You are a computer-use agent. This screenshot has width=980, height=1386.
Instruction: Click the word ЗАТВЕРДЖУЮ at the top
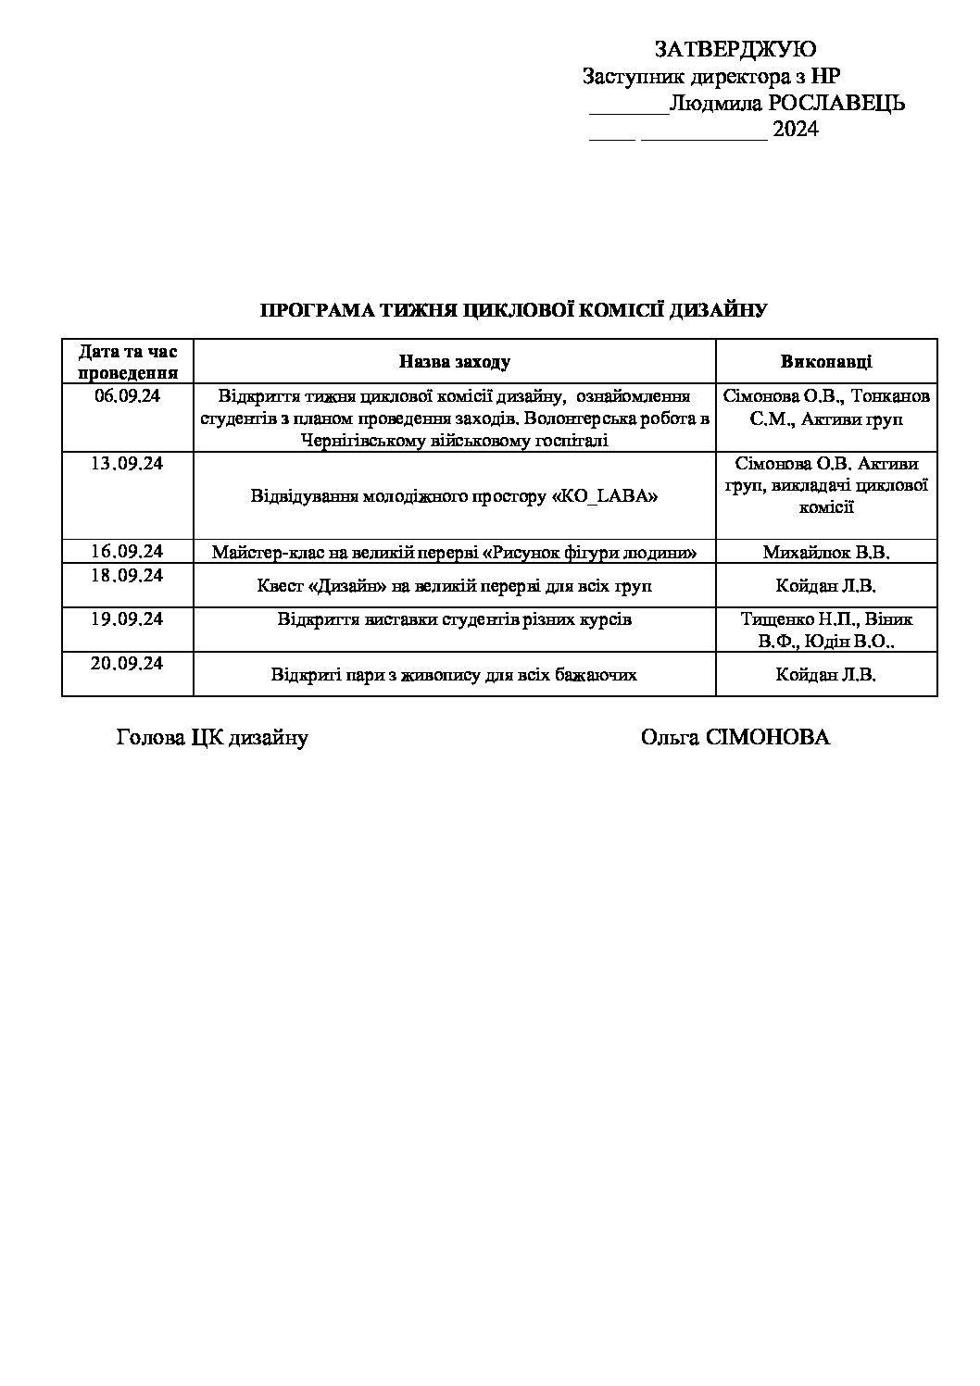735,50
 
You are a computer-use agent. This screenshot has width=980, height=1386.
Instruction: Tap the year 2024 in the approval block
796,130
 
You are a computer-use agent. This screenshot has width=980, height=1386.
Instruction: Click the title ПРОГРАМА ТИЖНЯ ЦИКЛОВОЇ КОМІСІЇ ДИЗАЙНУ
513,310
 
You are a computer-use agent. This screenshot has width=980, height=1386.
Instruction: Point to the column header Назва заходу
454,362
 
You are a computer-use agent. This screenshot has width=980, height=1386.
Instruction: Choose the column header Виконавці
825,362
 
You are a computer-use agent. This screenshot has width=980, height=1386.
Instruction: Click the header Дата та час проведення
128,362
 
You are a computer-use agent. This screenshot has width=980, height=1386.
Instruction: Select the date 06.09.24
127,396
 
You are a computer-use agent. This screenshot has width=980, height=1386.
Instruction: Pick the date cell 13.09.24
127,464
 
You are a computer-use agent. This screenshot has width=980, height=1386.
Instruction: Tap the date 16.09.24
127,552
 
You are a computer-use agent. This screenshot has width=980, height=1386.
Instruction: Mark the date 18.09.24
127,576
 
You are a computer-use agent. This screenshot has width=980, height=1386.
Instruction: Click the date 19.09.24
127,619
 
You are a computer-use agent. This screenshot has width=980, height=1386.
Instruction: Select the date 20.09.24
127,664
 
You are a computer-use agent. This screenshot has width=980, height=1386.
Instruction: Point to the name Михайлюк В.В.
825,553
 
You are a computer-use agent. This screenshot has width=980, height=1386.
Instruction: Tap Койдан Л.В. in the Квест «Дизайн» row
825,586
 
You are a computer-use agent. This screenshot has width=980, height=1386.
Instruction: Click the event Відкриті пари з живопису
454,675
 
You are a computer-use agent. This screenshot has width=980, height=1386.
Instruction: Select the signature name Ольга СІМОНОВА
735,738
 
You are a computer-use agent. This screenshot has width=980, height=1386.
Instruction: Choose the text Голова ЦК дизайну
212,738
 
